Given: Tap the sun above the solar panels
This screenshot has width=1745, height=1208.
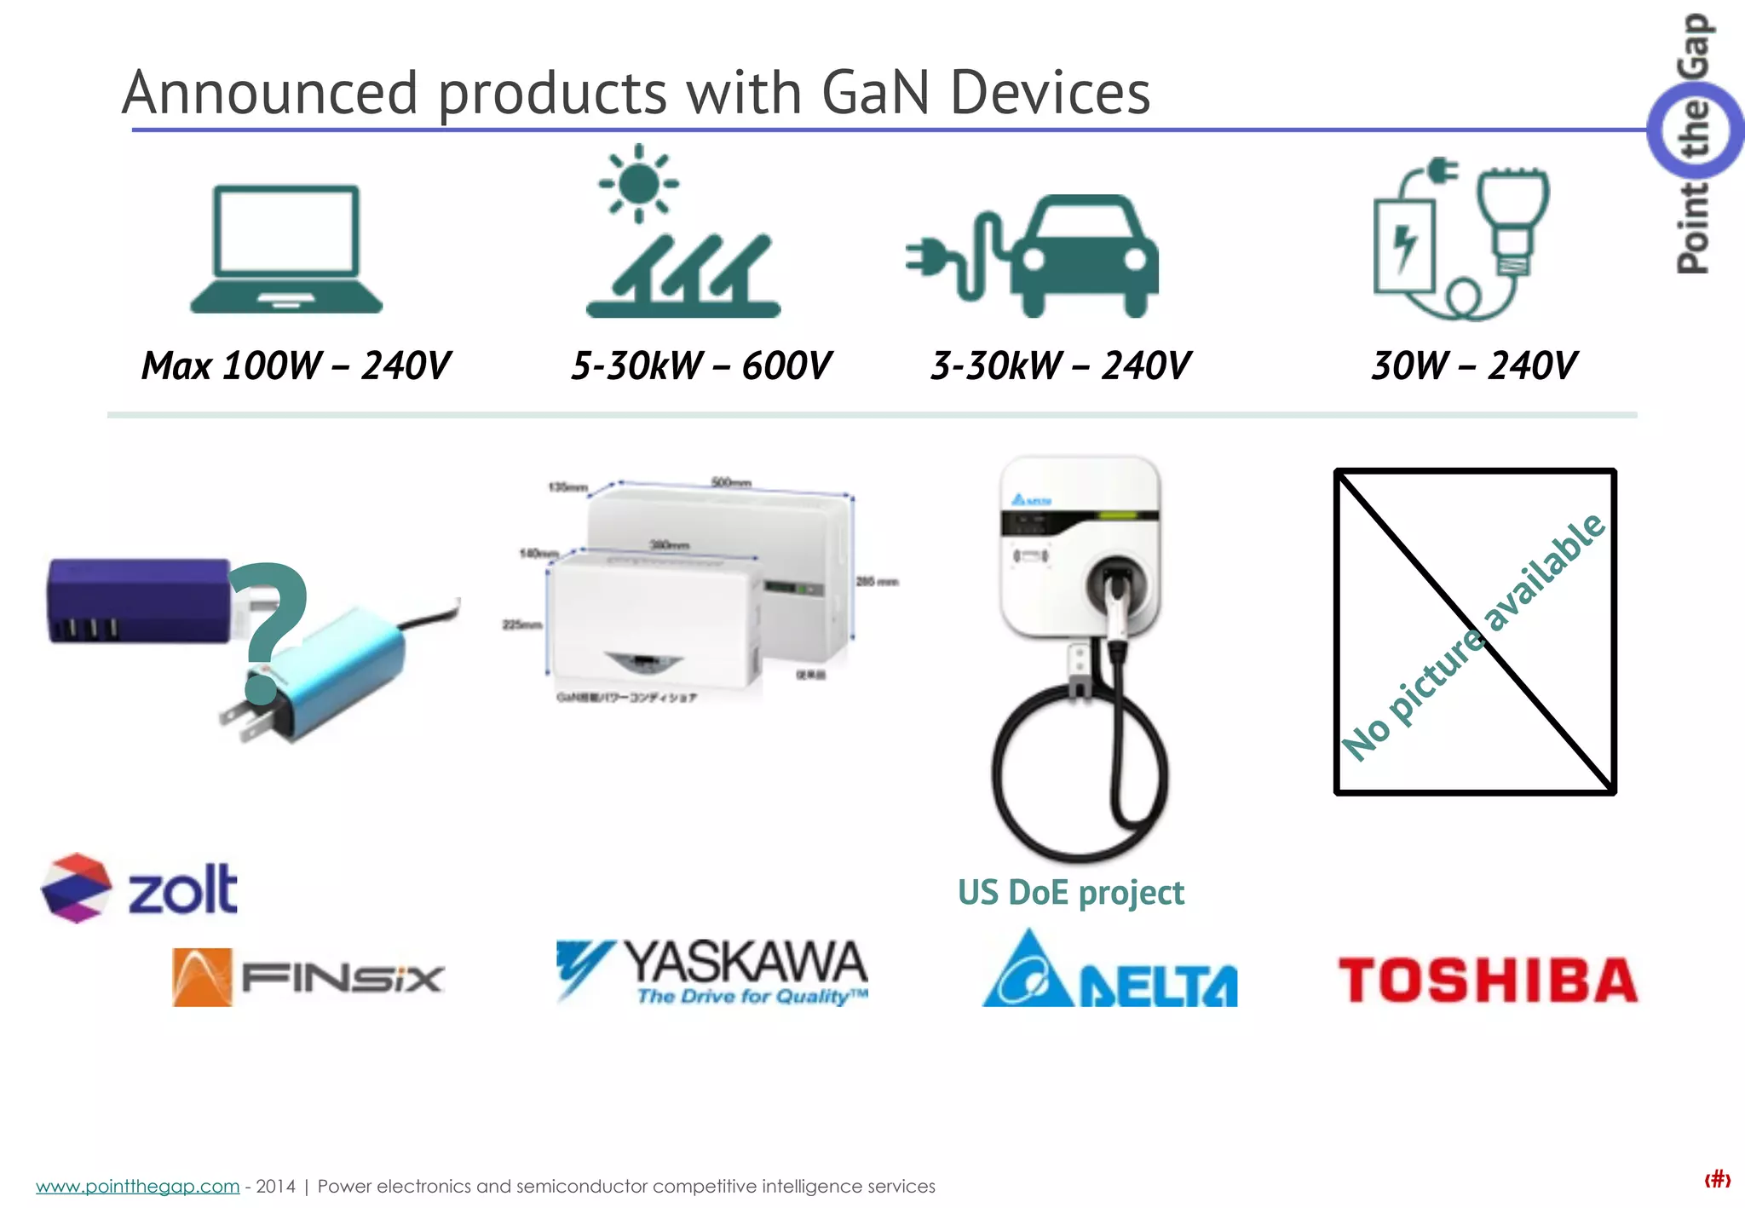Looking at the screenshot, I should tap(639, 183).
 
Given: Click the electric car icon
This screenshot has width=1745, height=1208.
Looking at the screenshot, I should tap(1082, 256).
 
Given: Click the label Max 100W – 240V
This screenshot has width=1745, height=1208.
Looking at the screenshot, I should tap(295, 366).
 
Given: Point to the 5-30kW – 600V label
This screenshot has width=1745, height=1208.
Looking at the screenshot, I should tap(700, 366).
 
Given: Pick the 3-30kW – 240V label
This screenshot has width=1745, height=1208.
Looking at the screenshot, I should tap(1060, 366).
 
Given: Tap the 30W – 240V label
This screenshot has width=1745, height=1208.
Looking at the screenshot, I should tap(1474, 366).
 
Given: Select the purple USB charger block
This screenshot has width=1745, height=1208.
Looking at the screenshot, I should tap(136, 601).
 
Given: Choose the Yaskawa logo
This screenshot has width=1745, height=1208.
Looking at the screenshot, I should tap(712, 971).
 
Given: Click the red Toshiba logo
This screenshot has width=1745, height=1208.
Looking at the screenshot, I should tap(1488, 980).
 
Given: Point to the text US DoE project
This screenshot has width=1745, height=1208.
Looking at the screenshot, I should tap(1070, 893).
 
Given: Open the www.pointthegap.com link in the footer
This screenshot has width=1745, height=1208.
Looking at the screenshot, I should tap(137, 1186).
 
